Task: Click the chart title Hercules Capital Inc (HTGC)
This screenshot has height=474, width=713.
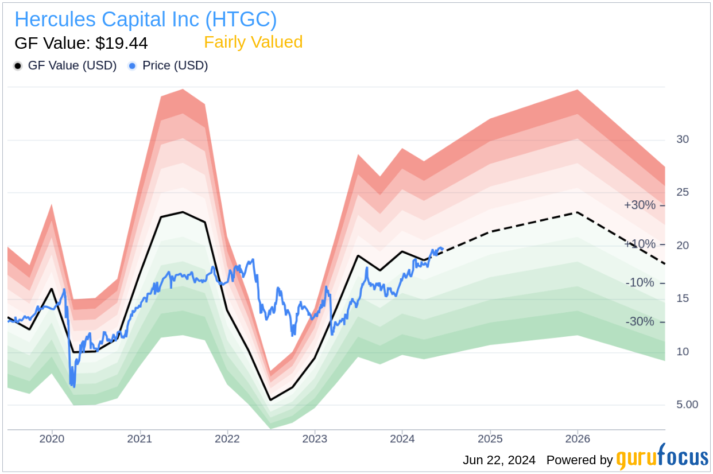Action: pyautogui.click(x=146, y=20)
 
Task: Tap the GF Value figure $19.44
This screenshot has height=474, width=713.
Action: pyautogui.click(x=81, y=43)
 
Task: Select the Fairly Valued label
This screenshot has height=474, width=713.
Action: pyautogui.click(x=253, y=42)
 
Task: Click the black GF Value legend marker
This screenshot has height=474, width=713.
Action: pyautogui.click(x=18, y=66)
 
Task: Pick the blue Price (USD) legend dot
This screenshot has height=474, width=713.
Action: pyautogui.click(x=133, y=66)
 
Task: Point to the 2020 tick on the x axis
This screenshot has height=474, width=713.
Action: pyautogui.click(x=52, y=439)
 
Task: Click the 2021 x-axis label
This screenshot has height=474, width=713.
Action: pyautogui.click(x=139, y=439)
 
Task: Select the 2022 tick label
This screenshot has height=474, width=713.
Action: pyautogui.click(x=227, y=439)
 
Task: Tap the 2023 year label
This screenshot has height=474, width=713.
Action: pyautogui.click(x=315, y=439)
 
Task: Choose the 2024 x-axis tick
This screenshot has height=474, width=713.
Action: pyautogui.click(x=402, y=439)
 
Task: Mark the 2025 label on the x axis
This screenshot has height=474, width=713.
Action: pyautogui.click(x=490, y=439)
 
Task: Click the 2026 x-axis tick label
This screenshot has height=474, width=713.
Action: pyautogui.click(x=578, y=439)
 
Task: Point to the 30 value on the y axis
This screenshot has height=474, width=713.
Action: pyautogui.click(x=683, y=139)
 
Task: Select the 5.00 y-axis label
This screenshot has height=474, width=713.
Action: pyautogui.click(x=687, y=405)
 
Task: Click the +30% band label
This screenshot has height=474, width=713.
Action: pyautogui.click(x=640, y=205)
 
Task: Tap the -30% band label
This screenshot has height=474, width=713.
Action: pyautogui.click(x=640, y=321)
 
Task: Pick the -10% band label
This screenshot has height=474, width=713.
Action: pyautogui.click(x=640, y=283)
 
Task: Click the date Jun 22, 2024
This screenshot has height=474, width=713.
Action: pyautogui.click(x=499, y=460)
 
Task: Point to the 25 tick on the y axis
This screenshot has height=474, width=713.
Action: pyautogui.click(x=683, y=192)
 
